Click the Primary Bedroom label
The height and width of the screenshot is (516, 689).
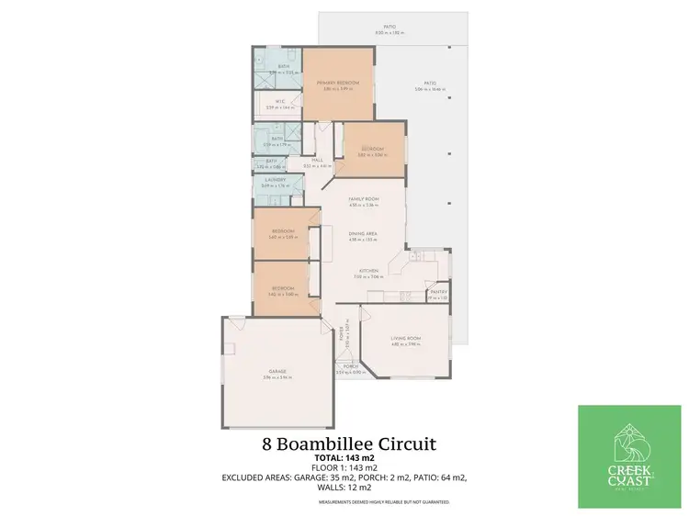click(x=337, y=83)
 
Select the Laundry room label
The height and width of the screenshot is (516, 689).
click(x=277, y=183)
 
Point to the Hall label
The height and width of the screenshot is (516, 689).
click(x=317, y=160)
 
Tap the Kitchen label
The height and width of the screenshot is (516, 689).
click(x=368, y=271)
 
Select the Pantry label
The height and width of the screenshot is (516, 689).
click(x=438, y=293)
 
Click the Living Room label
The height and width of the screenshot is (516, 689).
click(x=405, y=339)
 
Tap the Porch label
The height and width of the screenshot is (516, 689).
click(x=350, y=368)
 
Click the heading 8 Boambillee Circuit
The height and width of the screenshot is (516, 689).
click(x=349, y=444)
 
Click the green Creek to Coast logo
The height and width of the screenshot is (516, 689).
click(x=629, y=456)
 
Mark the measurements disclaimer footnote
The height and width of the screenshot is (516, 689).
click(x=390, y=502)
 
